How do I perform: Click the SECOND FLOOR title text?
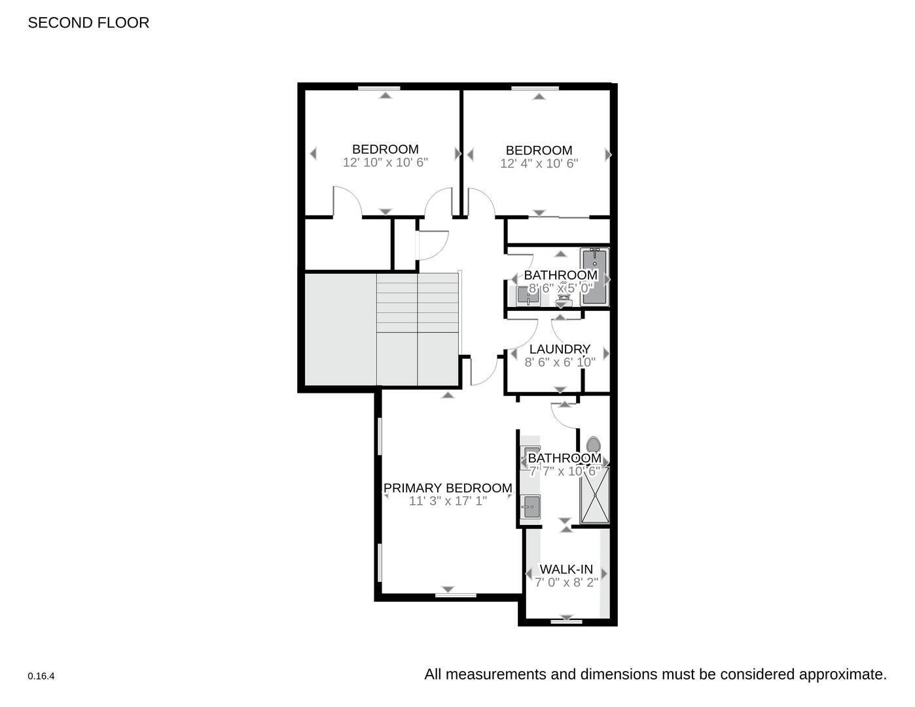click(x=88, y=23)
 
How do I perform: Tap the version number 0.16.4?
click(x=41, y=676)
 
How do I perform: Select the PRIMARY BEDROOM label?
click(x=448, y=488)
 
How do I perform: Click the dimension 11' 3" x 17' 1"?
click(x=448, y=501)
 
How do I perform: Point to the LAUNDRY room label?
click(x=560, y=350)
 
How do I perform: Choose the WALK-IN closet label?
click(x=566, y=570)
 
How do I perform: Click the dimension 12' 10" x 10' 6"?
click(x=385, y=162)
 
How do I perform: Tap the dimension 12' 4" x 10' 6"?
click(x=539, y=164)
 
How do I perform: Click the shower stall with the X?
click(x=594, y=496)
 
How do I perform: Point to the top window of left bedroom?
click(x=386, y=87)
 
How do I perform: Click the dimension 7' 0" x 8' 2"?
click(x=566, y=583)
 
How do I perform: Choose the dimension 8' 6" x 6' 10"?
click(x=560, y=362)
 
